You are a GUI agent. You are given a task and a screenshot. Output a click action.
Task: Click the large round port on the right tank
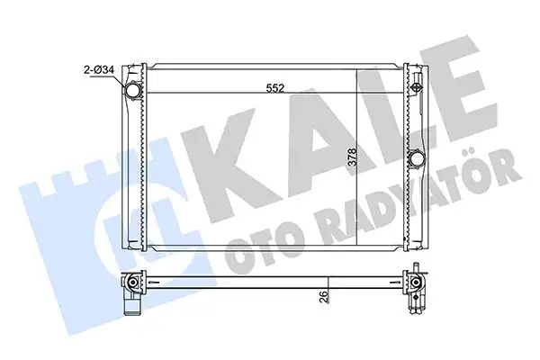[417, 161]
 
